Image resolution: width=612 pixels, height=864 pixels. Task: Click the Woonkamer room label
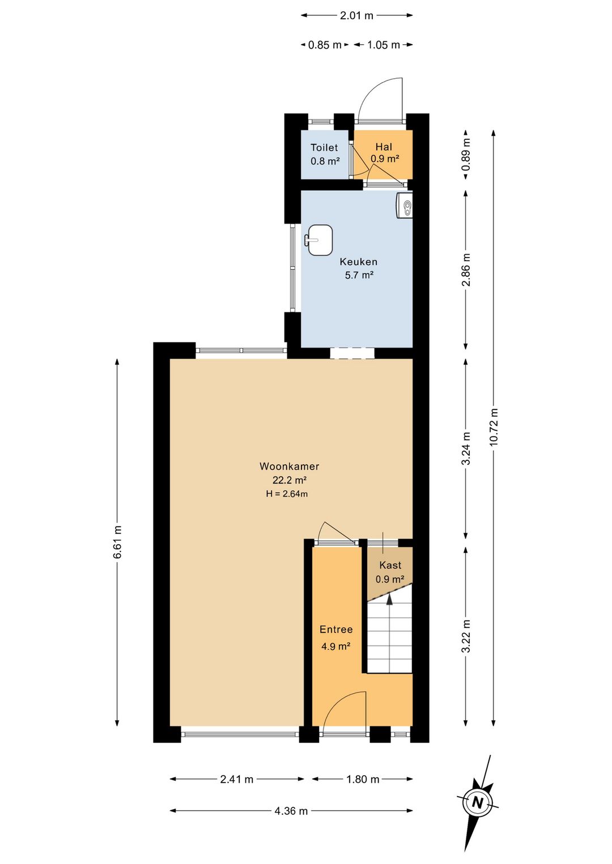[x=289, y=467]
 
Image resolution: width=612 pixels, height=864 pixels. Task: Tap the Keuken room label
[x=358, y=262]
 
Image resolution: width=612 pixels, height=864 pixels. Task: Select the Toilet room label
[x=324, y=147]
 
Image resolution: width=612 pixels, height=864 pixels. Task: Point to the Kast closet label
[x=390, y=566]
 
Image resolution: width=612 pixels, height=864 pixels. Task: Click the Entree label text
[x=336, y=630]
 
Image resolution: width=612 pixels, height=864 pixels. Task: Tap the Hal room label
[x=384, y=147]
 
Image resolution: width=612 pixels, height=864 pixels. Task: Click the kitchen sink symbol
[x=320, y=240]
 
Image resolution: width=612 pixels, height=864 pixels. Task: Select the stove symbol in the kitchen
[x=405, y=206]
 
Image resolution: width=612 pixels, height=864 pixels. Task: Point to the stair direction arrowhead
[x=390, y=599]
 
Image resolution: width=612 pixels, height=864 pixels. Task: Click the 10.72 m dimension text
[x=494, y=427]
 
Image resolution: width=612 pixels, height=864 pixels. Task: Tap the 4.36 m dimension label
[x=291, y=800]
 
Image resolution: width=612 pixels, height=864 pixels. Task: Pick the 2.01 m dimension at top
[x=357, y=16]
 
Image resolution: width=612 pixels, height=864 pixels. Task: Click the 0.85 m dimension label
[x=325, y=45]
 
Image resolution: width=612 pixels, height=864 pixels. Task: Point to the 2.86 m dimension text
[x=467, y=270]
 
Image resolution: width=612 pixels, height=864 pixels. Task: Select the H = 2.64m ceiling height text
[x=287, y=494]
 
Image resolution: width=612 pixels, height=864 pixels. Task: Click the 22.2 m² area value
[x=290, y=480]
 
